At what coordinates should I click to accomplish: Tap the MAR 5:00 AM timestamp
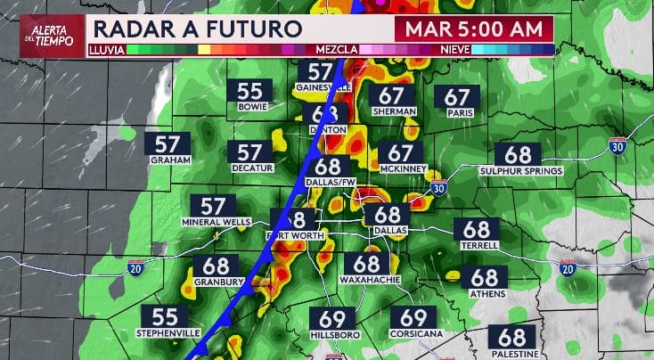pyautogui.click(x=474, y=28)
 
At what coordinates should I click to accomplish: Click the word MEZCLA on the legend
pyautogui.click(x=337, y=51)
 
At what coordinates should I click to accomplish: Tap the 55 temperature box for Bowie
pyautogui.click(x=249, y=91)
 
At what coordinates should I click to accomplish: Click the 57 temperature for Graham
pyautogui.click(x=167, y=144)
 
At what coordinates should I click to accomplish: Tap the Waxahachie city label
pyautogui.click(x=367, y=280)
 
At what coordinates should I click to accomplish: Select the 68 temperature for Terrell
pyautogui.click(x=477, y=230)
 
